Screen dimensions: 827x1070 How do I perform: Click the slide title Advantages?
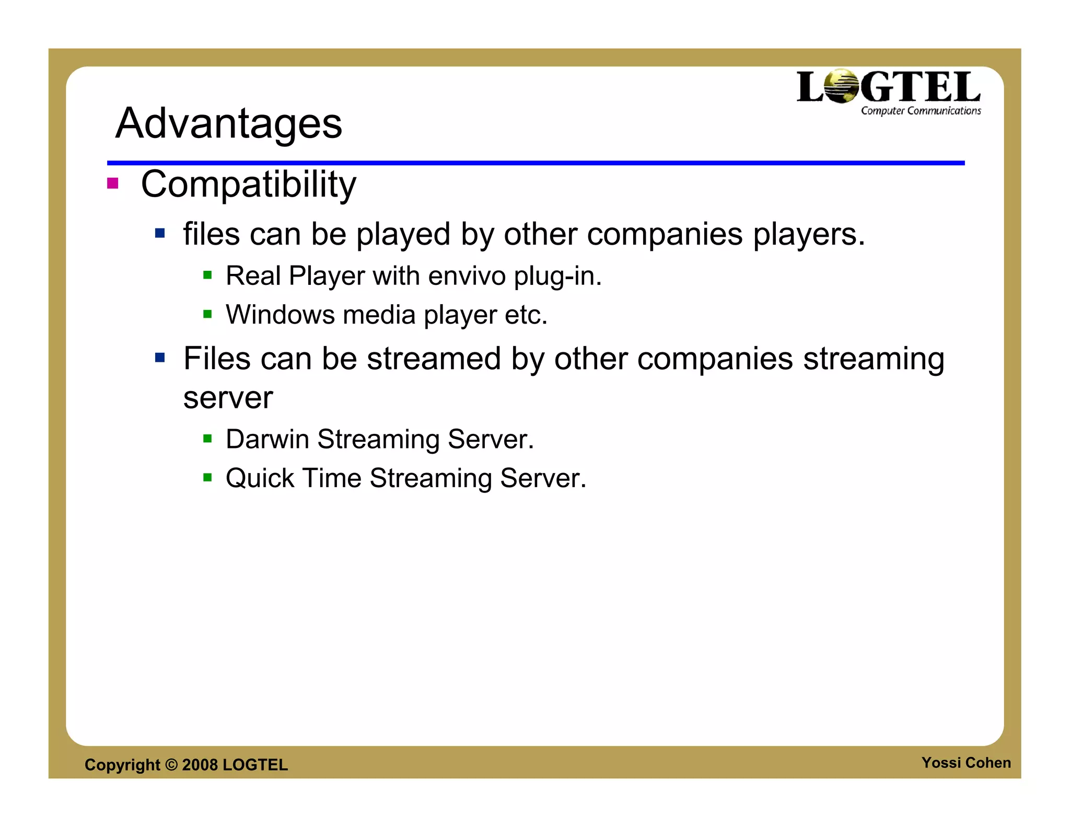pyautogui.click(x=228, y=123)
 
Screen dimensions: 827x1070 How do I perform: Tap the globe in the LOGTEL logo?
pyautogui.click(x=842, y=86)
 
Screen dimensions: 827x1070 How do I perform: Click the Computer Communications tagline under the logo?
pyautogui.click(x=921, y=111)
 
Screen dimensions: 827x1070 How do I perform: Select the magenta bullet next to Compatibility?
pyautogui.click(x=112, y=183)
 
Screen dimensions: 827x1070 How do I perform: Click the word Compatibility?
pyautogui.click(x=248, y=185)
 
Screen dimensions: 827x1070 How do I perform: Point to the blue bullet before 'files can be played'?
pyautogui.click(x=160, y=233)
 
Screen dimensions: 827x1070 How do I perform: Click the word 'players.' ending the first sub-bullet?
pyautogui.click(x=809, y=235)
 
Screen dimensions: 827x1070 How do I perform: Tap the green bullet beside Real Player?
pyautogui.click(x=207, y=275)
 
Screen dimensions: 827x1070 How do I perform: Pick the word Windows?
pyautogui.click(x=280, y=315)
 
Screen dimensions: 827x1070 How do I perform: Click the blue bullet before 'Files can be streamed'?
pyautogui.click(x=160, y=358)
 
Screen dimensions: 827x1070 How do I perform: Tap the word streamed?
pyautogui.click(x=434, y=359)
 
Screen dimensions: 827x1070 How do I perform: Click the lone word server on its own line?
pyautogui.click(x=228, y=398)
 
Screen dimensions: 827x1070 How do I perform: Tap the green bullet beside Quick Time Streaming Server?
pyautogui.click(x=207, y=477)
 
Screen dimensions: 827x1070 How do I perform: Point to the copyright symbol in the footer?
pyautogui.click(x=171, y=765)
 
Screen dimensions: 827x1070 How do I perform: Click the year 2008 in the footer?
pyautogui.click(x=200, y=765)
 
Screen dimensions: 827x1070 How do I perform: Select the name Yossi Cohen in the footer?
pyautogui.click(x=966, y=763)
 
